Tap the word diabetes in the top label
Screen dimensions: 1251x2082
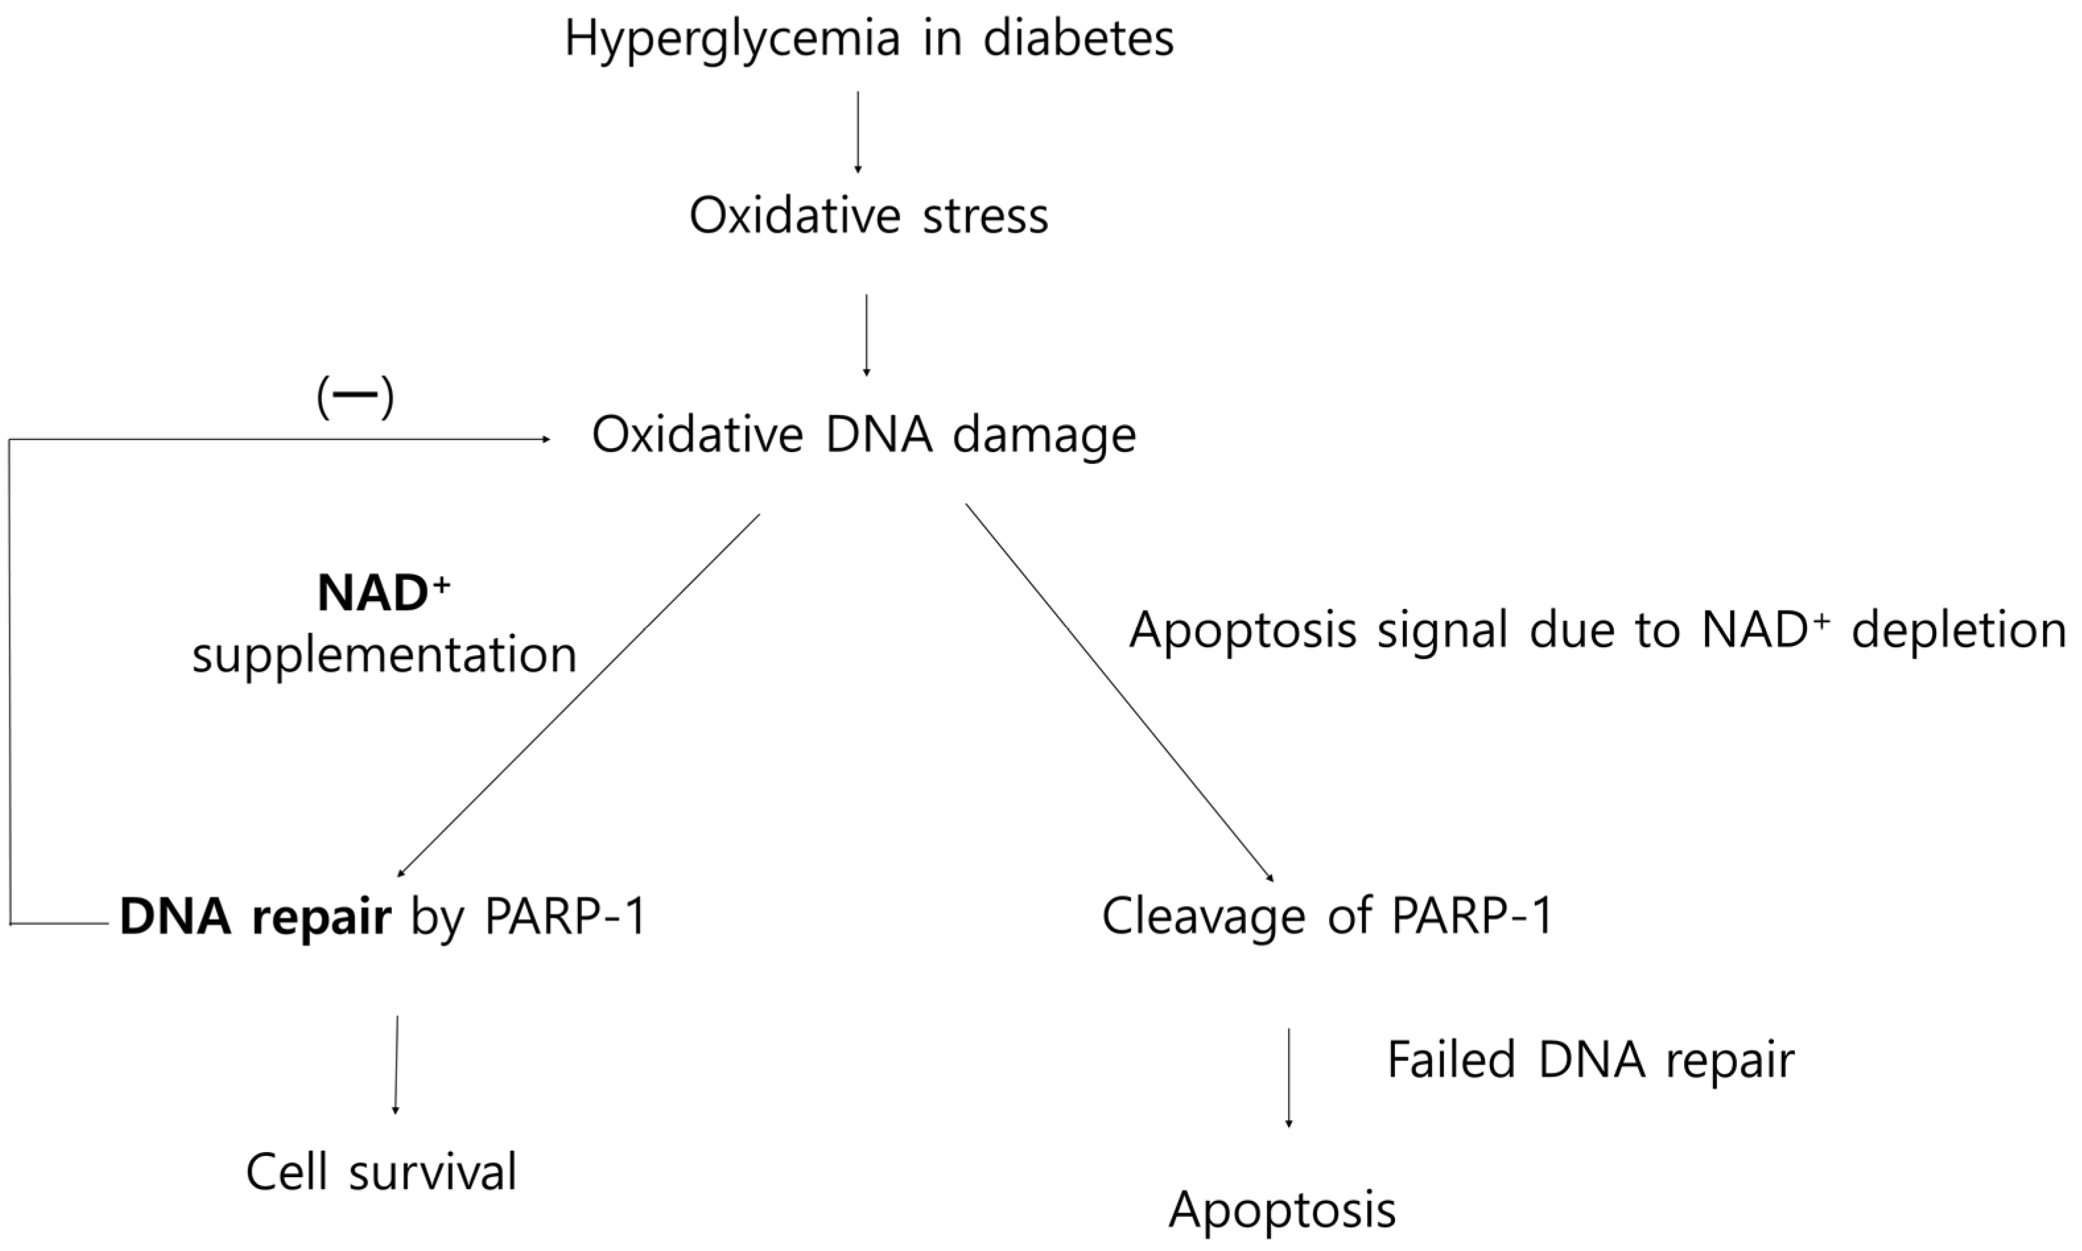pyautogui.click(x=1078, y=39)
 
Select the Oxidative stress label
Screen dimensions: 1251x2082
pyautogui.click(x=868, y=216)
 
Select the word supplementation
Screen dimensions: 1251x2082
pyautogui.click(x=384, y=655)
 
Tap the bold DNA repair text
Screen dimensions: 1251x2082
pyautogui.click(x=255, y=918)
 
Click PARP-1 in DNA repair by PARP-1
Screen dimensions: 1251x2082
pyautogui.click(x=565, y=918)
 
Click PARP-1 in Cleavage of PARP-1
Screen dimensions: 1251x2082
pyautogui.click(x=1472, y=916)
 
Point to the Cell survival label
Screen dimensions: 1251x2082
pyautogui.click(x=381, y=1172)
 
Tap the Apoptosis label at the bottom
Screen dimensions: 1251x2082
pyautogui.click(x=1282, y=1209)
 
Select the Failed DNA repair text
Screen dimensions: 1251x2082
pyautogui.click(x=1590, y=1060)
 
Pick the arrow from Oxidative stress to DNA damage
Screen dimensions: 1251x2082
pyautogui.click(x=866, y=334)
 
